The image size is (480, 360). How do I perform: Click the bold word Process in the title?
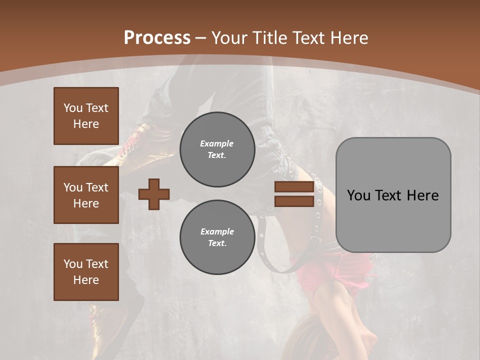[157, 38]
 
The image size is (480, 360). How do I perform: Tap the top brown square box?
[86, 116]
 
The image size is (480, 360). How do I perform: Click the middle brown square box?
[86, 195]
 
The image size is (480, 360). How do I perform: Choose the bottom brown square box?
[86, 272]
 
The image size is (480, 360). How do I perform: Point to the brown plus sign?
[154, 194]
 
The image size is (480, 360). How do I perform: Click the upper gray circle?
[217, 149]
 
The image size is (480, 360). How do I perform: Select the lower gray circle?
[217, 237]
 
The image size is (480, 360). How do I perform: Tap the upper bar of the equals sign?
[294, 187]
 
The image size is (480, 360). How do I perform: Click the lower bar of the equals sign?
[294, 201]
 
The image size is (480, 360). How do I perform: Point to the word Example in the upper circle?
[216, 143]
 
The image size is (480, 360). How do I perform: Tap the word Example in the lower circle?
[217, 231]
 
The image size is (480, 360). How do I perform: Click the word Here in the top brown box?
[86, 124]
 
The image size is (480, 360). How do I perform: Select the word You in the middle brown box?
[72, 187]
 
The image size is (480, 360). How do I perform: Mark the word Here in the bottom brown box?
[86, 280]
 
